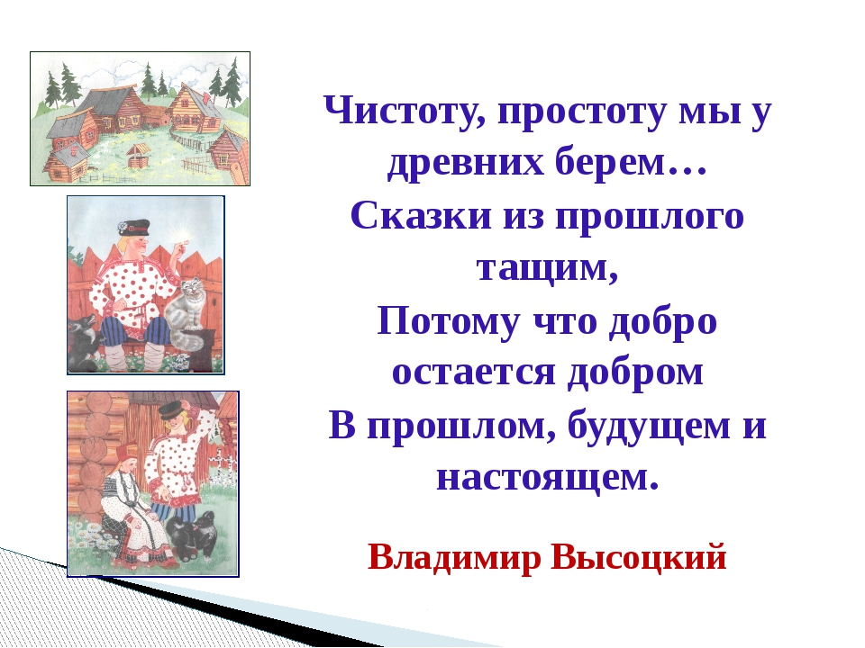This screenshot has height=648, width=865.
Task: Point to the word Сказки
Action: click(x=421, y=215)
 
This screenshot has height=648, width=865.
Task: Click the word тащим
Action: click(x=547, y=269)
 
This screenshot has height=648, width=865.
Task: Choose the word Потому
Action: click(x=448, y=320)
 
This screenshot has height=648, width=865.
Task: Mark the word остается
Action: click(x=473, y=373)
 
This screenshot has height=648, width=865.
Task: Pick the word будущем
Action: click(x=649, y=425)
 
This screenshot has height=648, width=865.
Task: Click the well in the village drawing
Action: click(x=138, y=157)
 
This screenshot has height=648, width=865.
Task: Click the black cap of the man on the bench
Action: click(x=133, y=227)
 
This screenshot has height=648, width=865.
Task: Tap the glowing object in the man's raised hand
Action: click(x=184, y=237)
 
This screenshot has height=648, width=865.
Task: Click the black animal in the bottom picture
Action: click(x=192, y=535)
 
